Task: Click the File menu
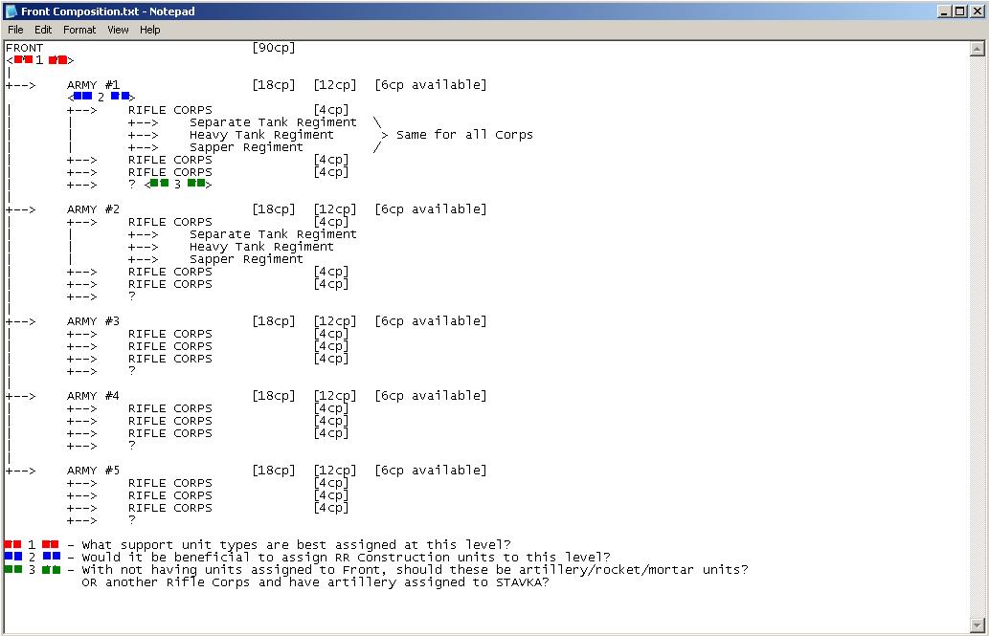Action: click(15, 30)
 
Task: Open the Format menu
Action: click(79, 30)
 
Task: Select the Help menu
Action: click(150, 30)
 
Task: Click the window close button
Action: click(977, 11)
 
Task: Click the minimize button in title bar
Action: click(945, 11)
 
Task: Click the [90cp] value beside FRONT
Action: click(274, 48)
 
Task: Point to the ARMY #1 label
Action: click(93, 85)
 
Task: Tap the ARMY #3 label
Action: click(93, 321)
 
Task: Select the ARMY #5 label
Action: click(93, 471)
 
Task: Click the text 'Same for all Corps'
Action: click(464, 135)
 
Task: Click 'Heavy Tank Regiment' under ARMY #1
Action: click(261, 135)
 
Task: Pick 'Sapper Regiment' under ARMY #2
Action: click(246, 259)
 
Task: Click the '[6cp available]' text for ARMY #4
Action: click(430, 396)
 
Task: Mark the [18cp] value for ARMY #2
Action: click(274, 209)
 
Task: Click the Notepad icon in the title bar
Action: click(11, 11)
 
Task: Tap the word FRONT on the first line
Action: click(24, 48)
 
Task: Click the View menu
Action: click(118, 30)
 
